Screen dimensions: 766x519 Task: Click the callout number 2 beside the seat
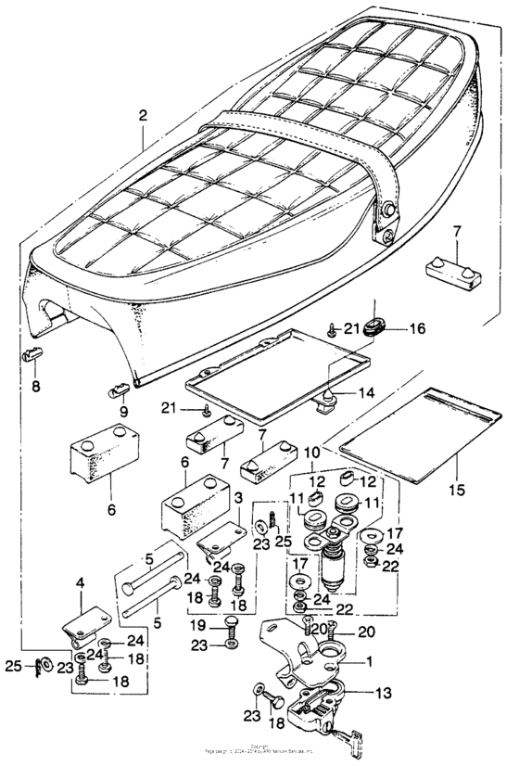point(142,118)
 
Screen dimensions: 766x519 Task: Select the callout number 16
point(416,328)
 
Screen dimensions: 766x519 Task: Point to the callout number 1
point(370,663)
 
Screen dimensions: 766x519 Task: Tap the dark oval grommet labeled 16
point(374,326)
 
